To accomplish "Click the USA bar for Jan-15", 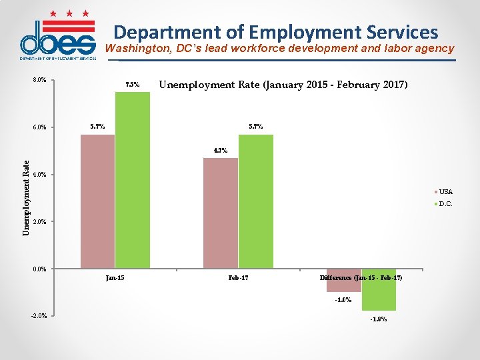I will click(97, 201).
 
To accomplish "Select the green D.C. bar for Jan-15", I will click(133, 180).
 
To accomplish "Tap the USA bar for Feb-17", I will click(220, 213).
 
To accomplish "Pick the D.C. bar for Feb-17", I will click(256, 201).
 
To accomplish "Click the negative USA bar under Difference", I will click(344, 280).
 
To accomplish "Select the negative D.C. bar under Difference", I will click(379, 289).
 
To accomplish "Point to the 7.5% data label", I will click(133, 85).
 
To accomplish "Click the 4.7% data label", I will click(221, 150).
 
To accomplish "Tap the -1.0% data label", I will click(343, 299).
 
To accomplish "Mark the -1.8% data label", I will click(379, 319).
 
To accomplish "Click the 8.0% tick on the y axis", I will click(39, 80).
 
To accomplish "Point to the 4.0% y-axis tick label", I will click(39, 175).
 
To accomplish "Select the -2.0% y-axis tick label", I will click(39, 315).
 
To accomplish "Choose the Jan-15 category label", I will click(115, 277).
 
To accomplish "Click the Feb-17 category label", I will click(238, 277).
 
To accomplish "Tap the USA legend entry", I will click(445, 192).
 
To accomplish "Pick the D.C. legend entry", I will click(445, 204).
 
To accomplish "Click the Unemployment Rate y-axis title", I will click(26, 197).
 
